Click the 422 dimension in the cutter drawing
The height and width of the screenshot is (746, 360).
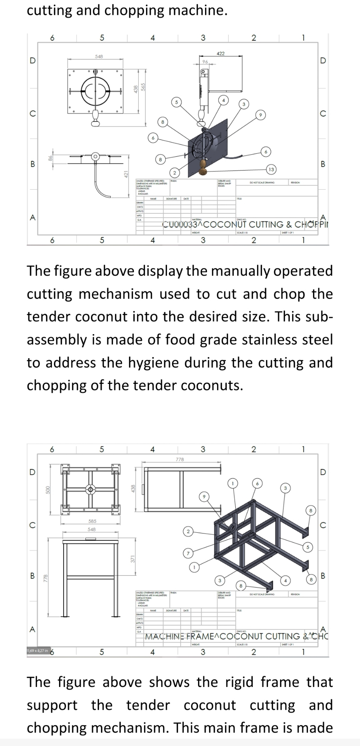[220, 53]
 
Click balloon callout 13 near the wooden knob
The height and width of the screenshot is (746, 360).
[271, 169]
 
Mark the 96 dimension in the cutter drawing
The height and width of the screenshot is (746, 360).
[205, 61]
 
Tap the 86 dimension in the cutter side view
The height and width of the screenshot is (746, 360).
[50, 159]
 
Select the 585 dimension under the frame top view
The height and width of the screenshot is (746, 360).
[92, 521]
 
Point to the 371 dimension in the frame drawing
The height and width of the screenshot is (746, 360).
[132, 559]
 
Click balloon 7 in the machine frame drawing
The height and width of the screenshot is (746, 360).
[188, 553]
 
